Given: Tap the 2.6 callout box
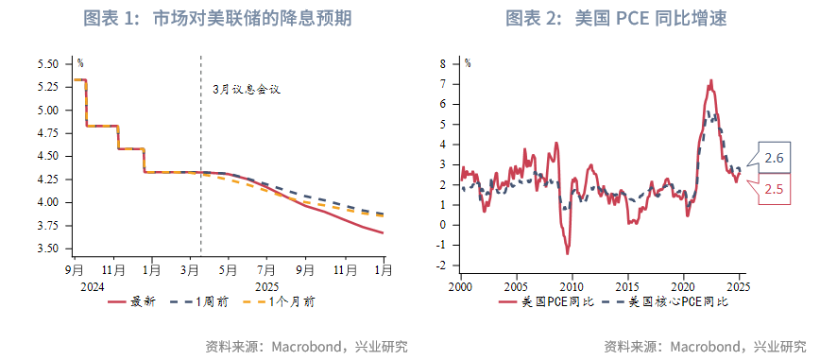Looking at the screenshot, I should pos(774,158).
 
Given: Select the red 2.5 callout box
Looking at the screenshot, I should pos(774,190).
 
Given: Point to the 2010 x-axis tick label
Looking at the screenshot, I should pos(572,286).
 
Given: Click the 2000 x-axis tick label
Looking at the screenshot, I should pos(460,286).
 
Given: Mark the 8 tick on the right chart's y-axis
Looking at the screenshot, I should pos(442,64).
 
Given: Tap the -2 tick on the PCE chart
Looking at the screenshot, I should pos(440,266).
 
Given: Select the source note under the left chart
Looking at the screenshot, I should pos(306,346).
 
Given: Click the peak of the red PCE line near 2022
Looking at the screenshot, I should pos(710,81).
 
